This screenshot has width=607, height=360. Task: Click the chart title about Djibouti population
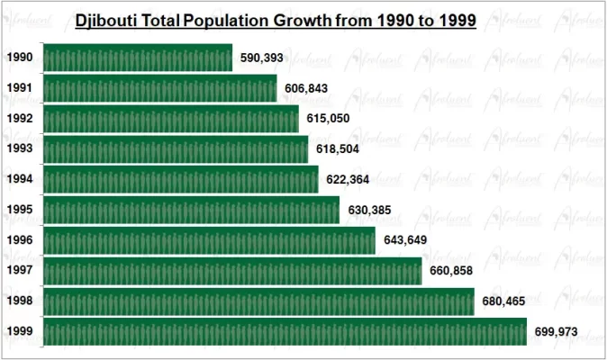coord(276,19)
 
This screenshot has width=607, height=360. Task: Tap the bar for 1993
coord(176,148)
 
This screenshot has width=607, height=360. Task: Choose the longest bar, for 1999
coord(285,332)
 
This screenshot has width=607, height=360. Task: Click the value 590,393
coord(263,58)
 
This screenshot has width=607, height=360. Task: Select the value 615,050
coord(328,119)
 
